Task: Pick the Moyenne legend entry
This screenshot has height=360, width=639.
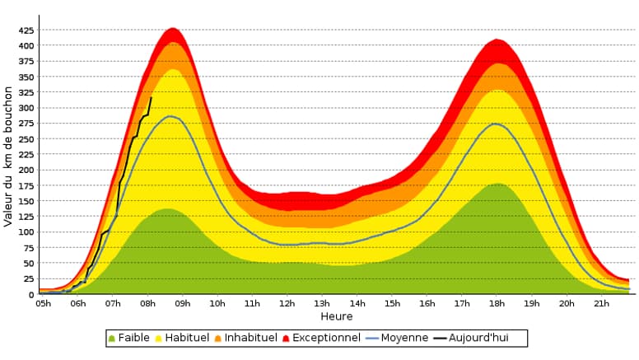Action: [399, 338]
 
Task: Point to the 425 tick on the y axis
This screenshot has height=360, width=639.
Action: [26, 30]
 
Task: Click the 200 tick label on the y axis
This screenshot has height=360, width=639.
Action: [26, 171]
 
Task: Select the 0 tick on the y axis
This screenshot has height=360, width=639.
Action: [31, 295]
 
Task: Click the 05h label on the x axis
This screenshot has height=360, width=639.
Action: [43, 304]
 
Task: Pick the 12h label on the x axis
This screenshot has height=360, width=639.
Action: [287, 304]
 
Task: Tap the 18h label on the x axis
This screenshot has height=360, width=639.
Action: [496, 304]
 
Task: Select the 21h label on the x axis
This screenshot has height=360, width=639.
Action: [601, 304]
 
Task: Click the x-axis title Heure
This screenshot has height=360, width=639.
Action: [337, 316]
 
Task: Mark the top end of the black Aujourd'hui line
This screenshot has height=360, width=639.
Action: [151, 98]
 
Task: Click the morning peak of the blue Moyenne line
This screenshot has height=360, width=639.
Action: [170, 116]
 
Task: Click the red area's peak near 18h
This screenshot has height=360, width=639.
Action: [496, 40]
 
